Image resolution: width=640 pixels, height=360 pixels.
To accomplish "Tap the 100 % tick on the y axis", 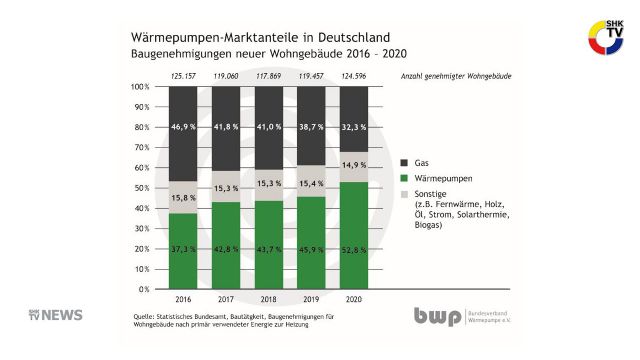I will pyautogui.click(x=141, y=87).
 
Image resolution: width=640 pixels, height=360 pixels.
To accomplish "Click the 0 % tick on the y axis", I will pyautogui.click(x=144, y=289).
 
